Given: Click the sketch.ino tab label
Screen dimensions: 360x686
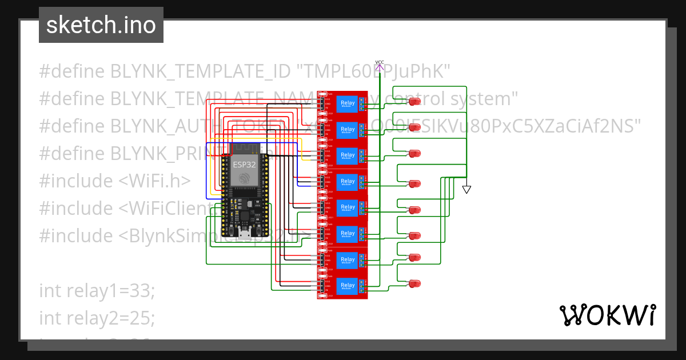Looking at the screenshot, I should tap(101, 25).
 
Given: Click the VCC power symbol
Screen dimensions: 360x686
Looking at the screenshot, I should tap(380, 66).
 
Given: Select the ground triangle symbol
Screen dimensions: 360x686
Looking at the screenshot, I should tap(466, 189).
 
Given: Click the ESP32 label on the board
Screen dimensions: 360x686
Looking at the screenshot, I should tap(244, 164).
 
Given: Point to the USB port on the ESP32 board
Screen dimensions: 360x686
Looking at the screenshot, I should tap(244, 233).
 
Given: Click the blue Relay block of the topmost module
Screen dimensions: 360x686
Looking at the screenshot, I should tap(348, 104).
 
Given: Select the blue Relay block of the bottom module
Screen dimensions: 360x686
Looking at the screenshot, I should tap(348, 286).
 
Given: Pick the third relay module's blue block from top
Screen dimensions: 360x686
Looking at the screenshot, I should tap(348, 156).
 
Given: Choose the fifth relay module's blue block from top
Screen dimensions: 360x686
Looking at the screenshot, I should tap(348, 208).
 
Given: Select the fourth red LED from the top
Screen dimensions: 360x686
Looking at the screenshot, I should tap(415, 183).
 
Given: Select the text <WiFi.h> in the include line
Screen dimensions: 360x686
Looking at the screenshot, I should tap(154, 181).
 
